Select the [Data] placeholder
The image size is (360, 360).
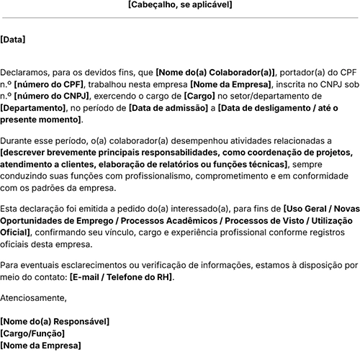pos(13,40)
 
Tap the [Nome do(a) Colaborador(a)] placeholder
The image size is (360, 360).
pos(215,73)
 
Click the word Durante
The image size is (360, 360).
pos(18,142)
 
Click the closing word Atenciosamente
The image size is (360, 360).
pos(33,297)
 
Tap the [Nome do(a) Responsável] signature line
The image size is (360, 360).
pos(55,321)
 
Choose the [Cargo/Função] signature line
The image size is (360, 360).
pos(32,333)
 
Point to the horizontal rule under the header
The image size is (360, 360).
pos(180,17)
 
